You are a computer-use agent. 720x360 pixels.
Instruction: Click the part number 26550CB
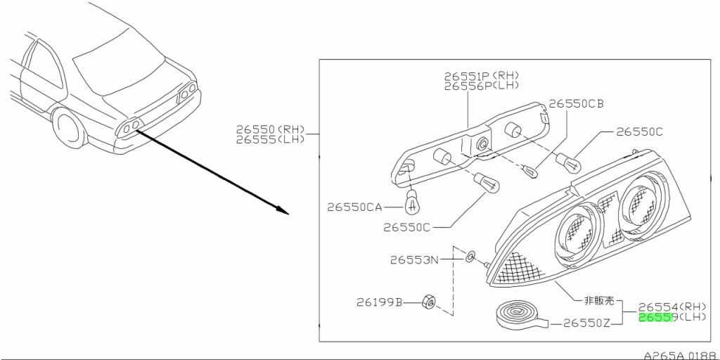click(x=576, y=104)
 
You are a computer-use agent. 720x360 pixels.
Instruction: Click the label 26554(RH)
click(x=671, y=307)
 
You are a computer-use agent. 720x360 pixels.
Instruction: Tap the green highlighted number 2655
click(x=655, y=318)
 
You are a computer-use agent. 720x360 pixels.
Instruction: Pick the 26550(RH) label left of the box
click(x=271, y=129)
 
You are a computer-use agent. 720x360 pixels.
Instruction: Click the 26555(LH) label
click(x=271, y=139)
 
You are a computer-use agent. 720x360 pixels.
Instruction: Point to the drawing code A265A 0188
click(x=680, y=355)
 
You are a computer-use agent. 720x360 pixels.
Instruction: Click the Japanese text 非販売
click(x=598, y=301)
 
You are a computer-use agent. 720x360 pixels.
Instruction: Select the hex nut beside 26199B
click(x=427, y=302)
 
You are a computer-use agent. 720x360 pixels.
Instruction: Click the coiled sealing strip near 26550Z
click(x=517, y=314)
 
